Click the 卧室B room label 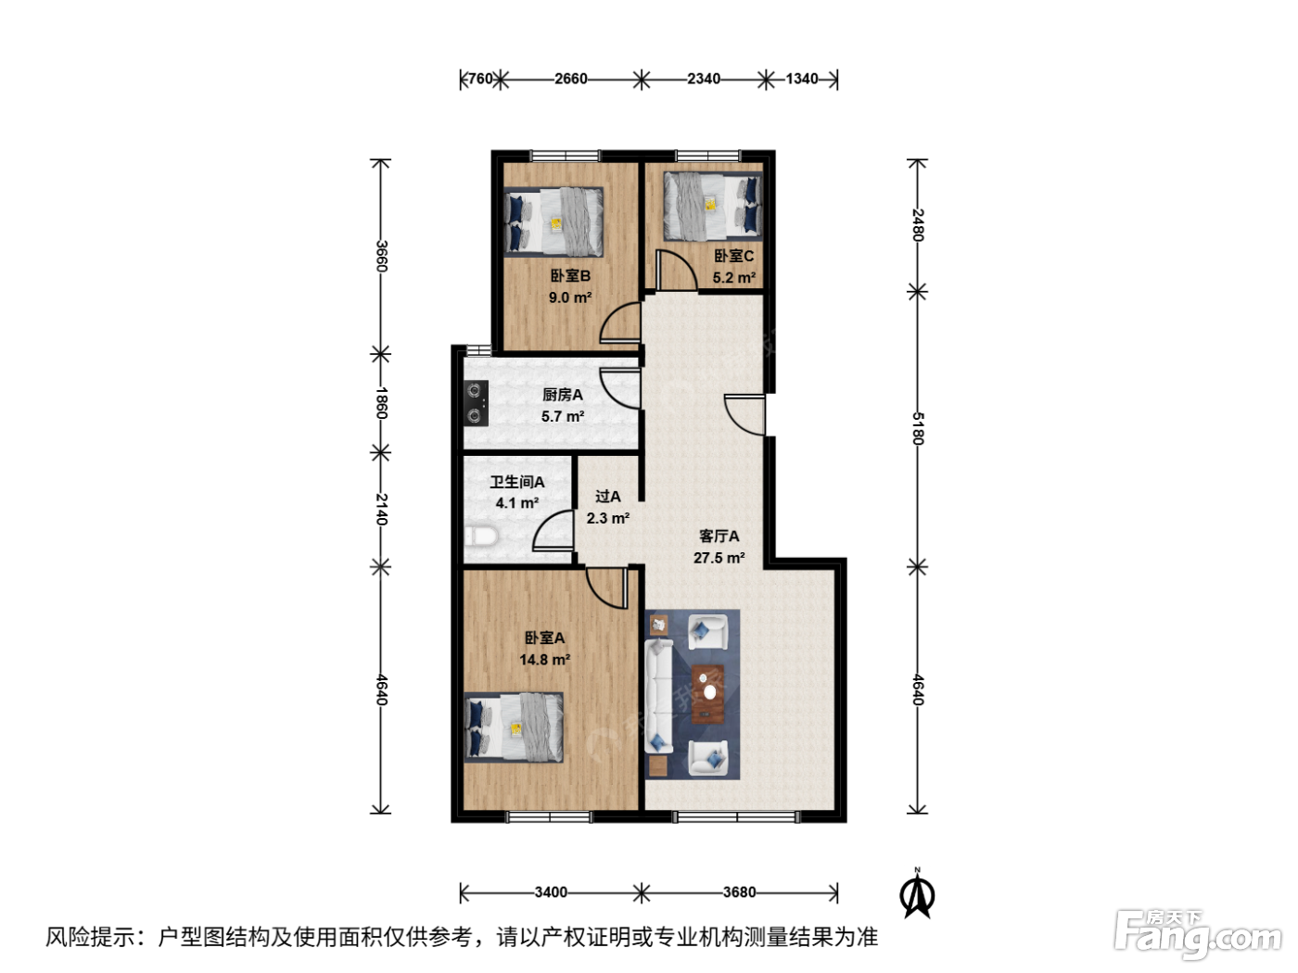[570, 276]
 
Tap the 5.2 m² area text [733, 278]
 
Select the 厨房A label [563, 395]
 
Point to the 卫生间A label [516, 482]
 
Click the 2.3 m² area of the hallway [607, 518]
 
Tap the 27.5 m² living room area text [719, 558]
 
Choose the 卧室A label [544, 638]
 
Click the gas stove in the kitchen [475, 403]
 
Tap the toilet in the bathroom [481, 537]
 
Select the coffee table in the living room [708, 693]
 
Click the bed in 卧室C [713, 207]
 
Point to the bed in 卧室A [514, 727]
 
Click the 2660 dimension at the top [570, 79]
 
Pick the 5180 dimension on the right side [917, 428]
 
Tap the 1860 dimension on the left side [381, 403]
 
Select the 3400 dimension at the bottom [551, 891]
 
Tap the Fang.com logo [1197, 934]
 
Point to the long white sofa [659, 696]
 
